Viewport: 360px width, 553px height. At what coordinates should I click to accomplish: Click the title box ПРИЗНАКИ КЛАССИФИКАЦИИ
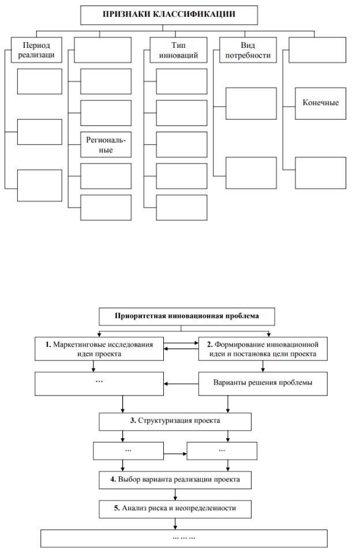[x=169, y=15]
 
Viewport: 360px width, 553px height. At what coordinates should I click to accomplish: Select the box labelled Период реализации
[x=36, y=50]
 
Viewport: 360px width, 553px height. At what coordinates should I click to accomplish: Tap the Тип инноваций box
[x=179, y=50]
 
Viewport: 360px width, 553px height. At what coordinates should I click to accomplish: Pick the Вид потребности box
[x=247, y=50]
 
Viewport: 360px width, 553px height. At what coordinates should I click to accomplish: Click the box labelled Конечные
[x=320, y=103]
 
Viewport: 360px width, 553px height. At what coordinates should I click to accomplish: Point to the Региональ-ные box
[x=106, y=145]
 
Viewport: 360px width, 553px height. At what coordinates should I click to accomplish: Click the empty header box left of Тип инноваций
[x=103, y=50]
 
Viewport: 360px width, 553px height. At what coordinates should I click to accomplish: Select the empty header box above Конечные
[x=317, y=50]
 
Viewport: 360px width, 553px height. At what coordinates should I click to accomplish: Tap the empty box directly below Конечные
[x=320, y=173]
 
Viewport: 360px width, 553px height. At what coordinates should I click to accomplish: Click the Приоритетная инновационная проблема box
[x=187, y=317]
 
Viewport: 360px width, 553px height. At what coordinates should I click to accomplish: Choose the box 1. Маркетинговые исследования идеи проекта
[x=99, y=349]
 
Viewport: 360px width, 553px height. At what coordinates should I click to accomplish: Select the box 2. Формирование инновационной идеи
[x=263, y=349]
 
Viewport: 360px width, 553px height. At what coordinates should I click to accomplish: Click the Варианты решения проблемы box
[x=263, y=383]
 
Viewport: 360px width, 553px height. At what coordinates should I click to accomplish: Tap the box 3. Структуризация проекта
[x=175, y=422]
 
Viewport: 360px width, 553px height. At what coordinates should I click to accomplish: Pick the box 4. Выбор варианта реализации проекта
[x=175, y=480]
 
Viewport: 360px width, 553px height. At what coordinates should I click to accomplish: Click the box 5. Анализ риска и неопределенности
[x=175, y=509]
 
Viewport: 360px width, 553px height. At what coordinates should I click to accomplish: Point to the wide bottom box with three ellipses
[x=184, y=539]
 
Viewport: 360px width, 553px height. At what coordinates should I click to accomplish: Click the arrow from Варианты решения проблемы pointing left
[x=181, y=383]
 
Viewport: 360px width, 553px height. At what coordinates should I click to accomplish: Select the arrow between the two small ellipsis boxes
[x=175, y=454]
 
